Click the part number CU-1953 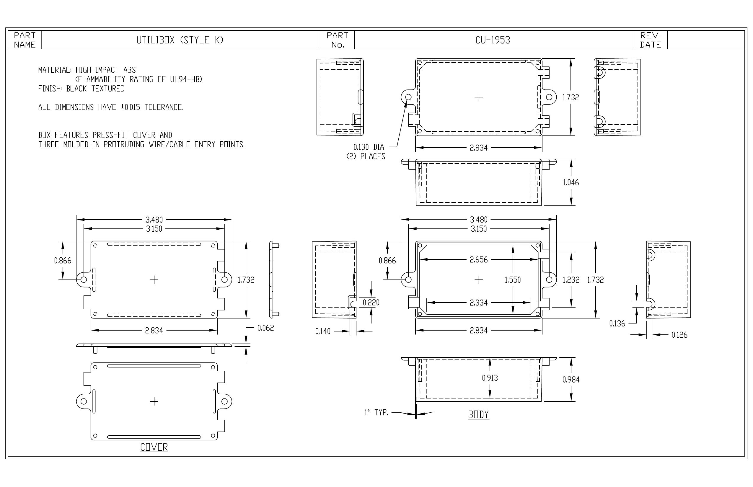493,40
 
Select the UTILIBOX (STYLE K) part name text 180,40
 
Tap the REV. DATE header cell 650,40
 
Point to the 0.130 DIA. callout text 369,147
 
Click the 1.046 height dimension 571,182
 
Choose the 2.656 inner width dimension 479,260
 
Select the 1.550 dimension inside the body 513,280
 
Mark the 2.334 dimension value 479,303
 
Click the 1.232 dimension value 571,280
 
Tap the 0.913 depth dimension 490,378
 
